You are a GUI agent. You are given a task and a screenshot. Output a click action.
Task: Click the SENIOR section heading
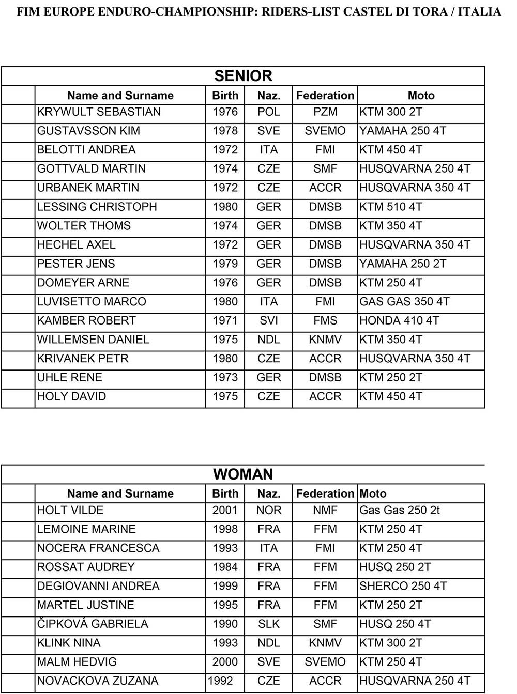243,76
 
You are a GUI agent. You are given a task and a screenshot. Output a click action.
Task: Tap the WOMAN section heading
243,474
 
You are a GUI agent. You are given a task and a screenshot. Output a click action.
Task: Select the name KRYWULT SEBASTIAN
99,112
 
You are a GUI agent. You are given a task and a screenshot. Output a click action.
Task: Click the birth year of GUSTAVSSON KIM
225,131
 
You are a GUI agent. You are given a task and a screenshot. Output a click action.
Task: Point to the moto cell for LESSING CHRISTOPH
391,207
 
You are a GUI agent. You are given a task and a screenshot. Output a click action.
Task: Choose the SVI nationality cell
269,321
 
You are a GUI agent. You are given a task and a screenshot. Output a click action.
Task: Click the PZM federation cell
325,112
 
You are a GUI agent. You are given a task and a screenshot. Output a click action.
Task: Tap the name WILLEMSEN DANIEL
93,340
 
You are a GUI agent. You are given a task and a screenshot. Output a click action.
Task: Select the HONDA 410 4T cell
399,321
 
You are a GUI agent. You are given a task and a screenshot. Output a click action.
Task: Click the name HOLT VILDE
70,511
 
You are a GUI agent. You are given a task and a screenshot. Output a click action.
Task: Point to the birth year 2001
225,511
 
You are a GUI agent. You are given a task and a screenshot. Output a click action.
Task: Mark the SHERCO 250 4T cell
403,587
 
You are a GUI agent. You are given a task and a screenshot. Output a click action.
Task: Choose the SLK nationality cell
269,624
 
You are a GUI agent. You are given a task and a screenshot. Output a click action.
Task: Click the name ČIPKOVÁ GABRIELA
93,624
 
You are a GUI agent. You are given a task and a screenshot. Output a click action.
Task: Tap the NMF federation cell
325,511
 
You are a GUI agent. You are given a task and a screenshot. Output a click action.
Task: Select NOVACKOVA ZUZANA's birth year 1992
220,681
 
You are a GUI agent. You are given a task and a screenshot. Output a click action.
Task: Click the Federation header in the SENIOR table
325,96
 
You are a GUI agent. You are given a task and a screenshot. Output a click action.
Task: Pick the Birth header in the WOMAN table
225,494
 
